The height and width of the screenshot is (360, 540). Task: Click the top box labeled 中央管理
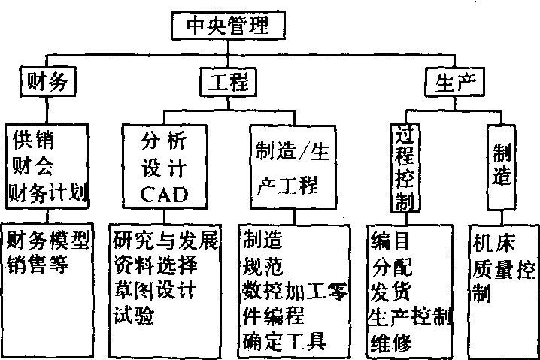pyautogui.click(x=228, y=26)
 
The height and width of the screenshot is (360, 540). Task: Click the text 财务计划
pyautogui.click(x=48, y=194)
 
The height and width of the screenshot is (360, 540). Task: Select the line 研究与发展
pyautogui.click(x=165, y=241)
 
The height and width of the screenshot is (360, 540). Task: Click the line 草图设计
pyautogui.click(x=153, y=290)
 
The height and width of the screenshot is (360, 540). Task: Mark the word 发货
pyautogui.click(x=391, y=291)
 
